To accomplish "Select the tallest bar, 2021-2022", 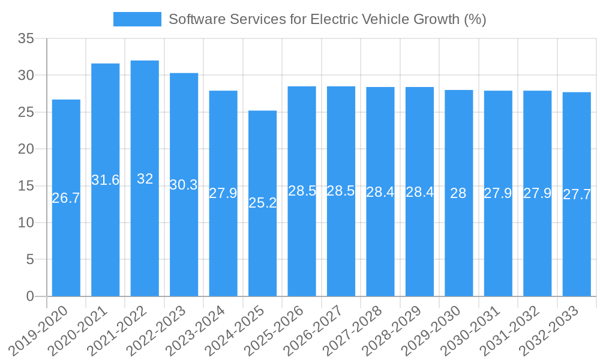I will tap(145, 228).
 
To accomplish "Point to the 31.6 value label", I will tap(106, 180).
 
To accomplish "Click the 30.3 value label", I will tap(184, 185).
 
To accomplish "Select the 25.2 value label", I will tap(263, 203).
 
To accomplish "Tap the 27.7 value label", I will tap(577, 194).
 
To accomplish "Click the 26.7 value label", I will tap(66, 198).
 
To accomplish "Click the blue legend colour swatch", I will tap(137, 19).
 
